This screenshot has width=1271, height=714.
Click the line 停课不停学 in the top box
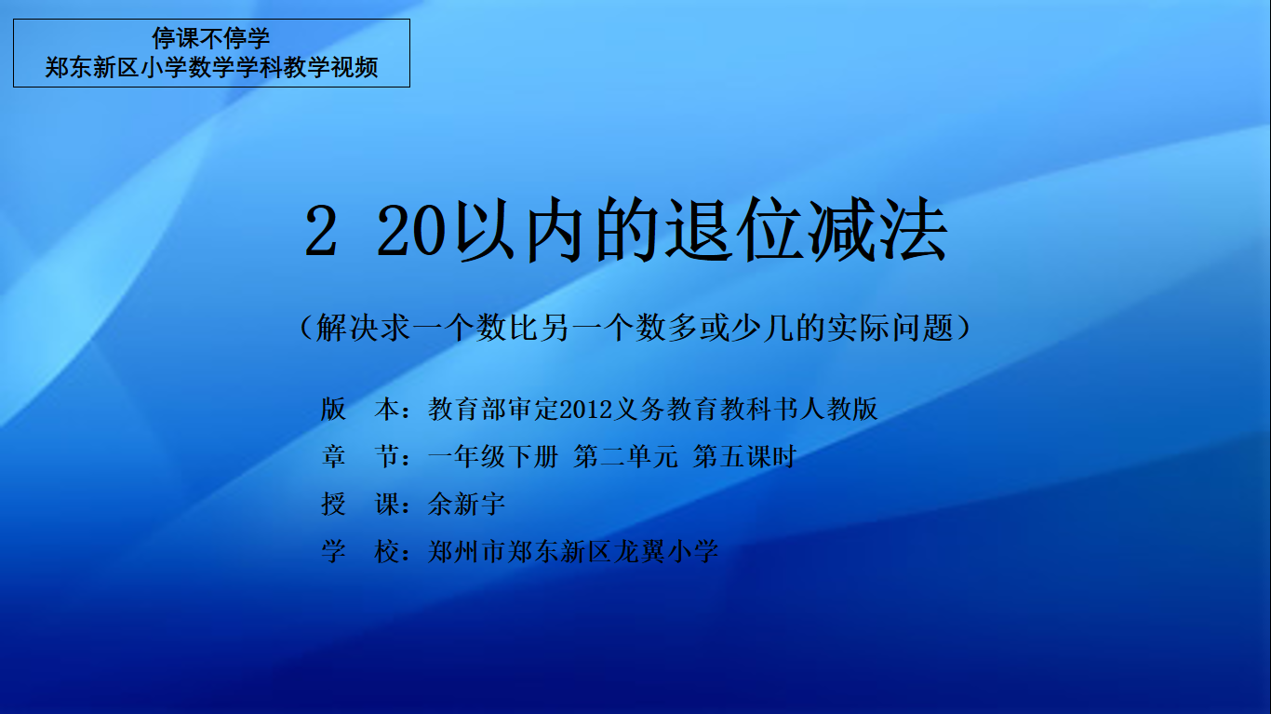(210, 38)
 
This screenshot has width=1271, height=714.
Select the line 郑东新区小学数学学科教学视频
(211, 68)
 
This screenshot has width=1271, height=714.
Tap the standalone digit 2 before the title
(321, 232)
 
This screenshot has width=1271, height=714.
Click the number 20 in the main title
(409, 232)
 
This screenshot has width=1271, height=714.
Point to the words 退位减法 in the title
(807, 230)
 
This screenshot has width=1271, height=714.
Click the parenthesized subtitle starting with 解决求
(635, 328)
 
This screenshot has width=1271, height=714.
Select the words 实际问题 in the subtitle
(890, 328)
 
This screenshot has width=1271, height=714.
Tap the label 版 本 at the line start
(359, 409)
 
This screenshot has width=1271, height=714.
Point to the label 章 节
(359, 456)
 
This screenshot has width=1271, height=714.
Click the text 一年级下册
(493, 456)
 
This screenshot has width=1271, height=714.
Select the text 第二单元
(626, 456)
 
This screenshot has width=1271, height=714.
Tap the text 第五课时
(745, 456)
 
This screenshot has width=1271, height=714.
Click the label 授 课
(359, 504)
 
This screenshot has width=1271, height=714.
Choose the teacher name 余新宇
(466, 504)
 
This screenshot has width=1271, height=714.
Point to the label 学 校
(359, 551)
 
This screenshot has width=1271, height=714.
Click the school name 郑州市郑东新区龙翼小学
(573, 551)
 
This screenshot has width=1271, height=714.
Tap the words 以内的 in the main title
(557, 230)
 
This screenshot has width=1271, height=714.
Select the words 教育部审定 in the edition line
(494, 409)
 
